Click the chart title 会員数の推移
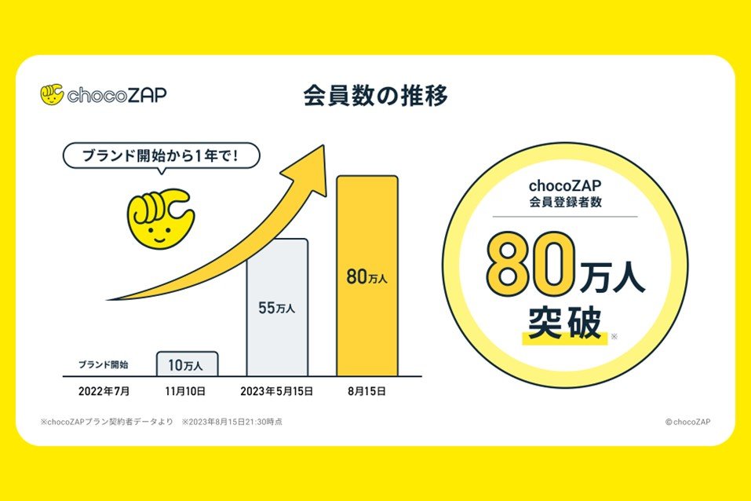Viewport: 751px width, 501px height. [x=375, y=96]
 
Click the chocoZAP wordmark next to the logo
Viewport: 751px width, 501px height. [x=117, y=96]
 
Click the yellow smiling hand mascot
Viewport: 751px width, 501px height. [x=160, y=218]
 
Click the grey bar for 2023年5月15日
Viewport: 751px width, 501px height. [x=278, y=307]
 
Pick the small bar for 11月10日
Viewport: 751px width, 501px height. [x=187, y=364]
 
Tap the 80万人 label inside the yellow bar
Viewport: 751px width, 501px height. [x=367, y=276]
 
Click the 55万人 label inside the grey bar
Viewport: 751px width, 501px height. [x=277, y=308]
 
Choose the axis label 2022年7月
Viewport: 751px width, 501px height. [x=104, y=390]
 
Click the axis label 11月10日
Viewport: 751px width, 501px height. [x=187, y=390]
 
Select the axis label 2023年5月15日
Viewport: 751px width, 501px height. [x=277, y=390]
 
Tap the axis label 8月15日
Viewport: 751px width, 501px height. [x=367, y=390]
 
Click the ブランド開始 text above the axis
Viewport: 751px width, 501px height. [x=104, y=364]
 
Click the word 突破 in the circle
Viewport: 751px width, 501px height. [x=564, y=322]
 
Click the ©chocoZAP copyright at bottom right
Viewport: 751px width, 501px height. [x=687, y=422]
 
